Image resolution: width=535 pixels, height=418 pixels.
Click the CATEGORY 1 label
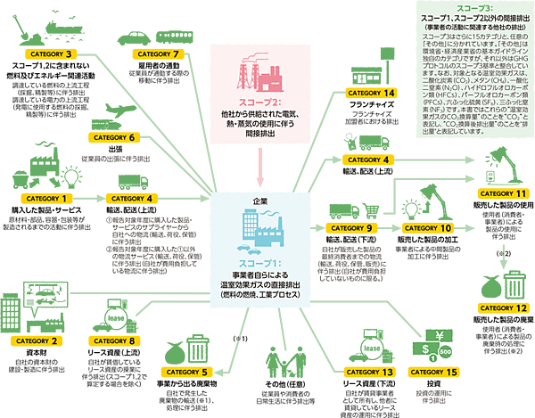click(x=44, y=198)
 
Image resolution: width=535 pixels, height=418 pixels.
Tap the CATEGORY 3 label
click(x=51, y=54)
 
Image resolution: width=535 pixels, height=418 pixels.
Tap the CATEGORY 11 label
click(x=504, y=193)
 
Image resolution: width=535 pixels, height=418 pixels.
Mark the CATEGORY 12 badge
click(x=505, y=307)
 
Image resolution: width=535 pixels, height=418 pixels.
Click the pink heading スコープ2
click(x=259, y=102)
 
